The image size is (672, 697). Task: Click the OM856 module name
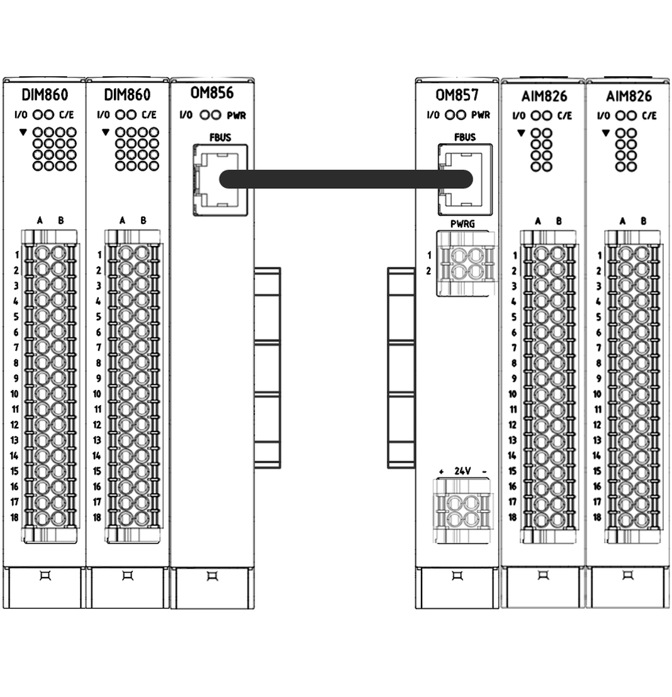click(x=211, y=93)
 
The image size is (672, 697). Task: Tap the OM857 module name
click(x=457, y=95)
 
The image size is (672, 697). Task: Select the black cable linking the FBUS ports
click(x=345, y=179)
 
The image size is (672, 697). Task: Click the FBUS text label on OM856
click(x=220, y=137)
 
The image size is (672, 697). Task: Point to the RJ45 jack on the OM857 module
click(x=465, y=179)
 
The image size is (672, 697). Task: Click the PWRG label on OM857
click(x=462, y=224)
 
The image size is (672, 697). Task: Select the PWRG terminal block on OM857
click(x=465, y=264)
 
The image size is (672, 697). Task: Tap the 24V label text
click(x=463, y=471)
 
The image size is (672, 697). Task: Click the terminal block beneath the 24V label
click(x=462, y=511)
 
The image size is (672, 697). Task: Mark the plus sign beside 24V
click(x=441, y=472)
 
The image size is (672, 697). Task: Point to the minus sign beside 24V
click(x=484, y=472)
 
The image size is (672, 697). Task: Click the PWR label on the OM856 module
click(x=236, y=116)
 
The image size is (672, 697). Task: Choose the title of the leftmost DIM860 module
click(x=45, y=95)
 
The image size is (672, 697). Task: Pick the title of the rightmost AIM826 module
click(x=629, y=96)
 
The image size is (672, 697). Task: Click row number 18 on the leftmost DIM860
click(x=14, y=518)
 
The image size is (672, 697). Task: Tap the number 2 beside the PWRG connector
click(x=428, y=270)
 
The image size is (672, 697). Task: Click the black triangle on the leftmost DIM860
click(x=23, y=131)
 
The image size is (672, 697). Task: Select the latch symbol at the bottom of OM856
click(x=212, y=576)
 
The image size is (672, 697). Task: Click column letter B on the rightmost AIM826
click(x=643, y=221)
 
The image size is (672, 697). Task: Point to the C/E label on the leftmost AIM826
click(x=564, y=116)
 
